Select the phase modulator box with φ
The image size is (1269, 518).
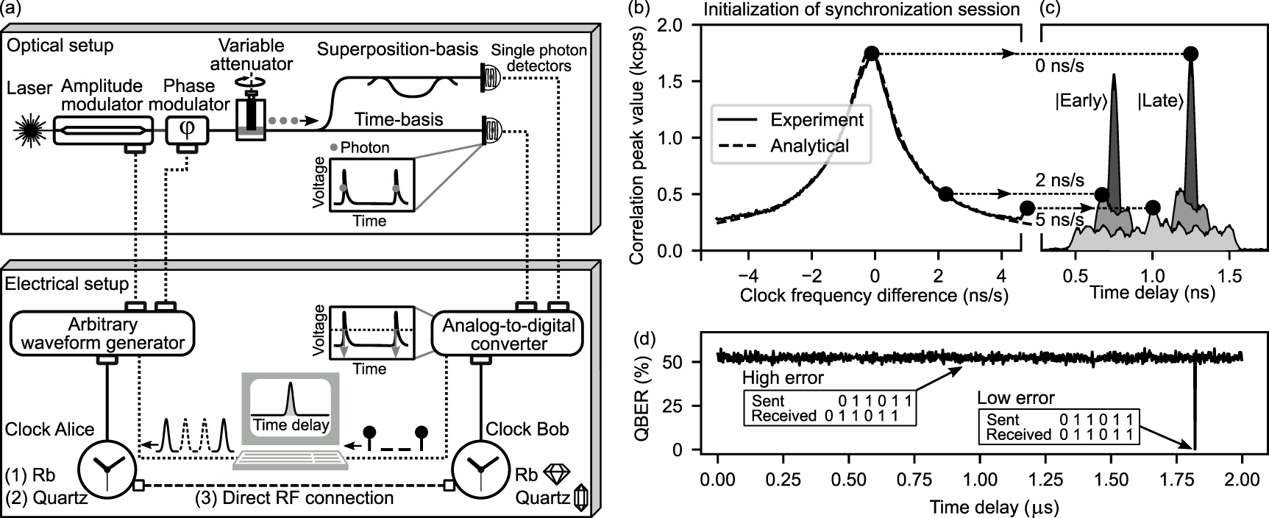pyautogui.click(x=188, y=130)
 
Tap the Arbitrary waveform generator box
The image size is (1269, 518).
pyautogui.click(x=102, y=333)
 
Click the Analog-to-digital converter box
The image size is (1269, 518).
pyautogui.click(x=508, y=335)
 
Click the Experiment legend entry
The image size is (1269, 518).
pyautogui.click(x=817, y=120)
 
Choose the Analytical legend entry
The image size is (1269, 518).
pyautogui.click(x=809, y=146)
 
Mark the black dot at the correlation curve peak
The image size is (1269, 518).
pyautogui.click(x=872, y=53)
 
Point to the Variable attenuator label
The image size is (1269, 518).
pyautogui.click(x=252, y=54)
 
